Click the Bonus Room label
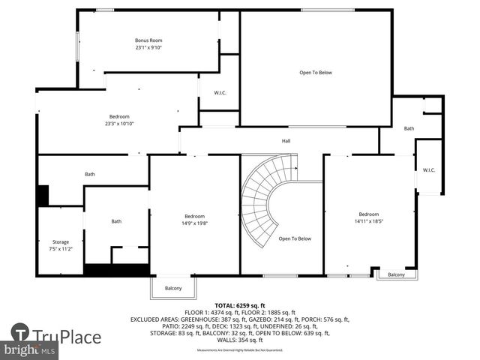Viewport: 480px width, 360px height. [x=148, y=40]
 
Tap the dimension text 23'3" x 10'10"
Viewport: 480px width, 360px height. [x=119, y=124]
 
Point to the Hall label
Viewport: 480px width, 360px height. [x=286, y=140]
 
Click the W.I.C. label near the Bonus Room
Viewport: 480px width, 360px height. [x=220, y=94]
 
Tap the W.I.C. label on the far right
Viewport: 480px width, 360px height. [x=429, y=170]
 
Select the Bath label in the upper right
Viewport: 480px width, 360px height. [x=409, y=128]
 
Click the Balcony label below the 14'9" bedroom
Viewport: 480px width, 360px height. [x=173, y=288]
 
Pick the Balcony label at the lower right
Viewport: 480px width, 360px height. [x=396, y=274]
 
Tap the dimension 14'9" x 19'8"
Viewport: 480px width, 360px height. [x=194, y=223]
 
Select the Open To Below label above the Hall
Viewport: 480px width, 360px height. [x=316, y=73]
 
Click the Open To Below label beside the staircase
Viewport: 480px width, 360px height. [x=295, y=238]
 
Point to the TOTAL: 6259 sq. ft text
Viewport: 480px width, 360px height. [x=241, y=305]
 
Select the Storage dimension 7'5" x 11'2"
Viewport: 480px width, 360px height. [x=59, y=247]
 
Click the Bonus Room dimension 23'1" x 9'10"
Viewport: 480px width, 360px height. [x=148, y=47]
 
